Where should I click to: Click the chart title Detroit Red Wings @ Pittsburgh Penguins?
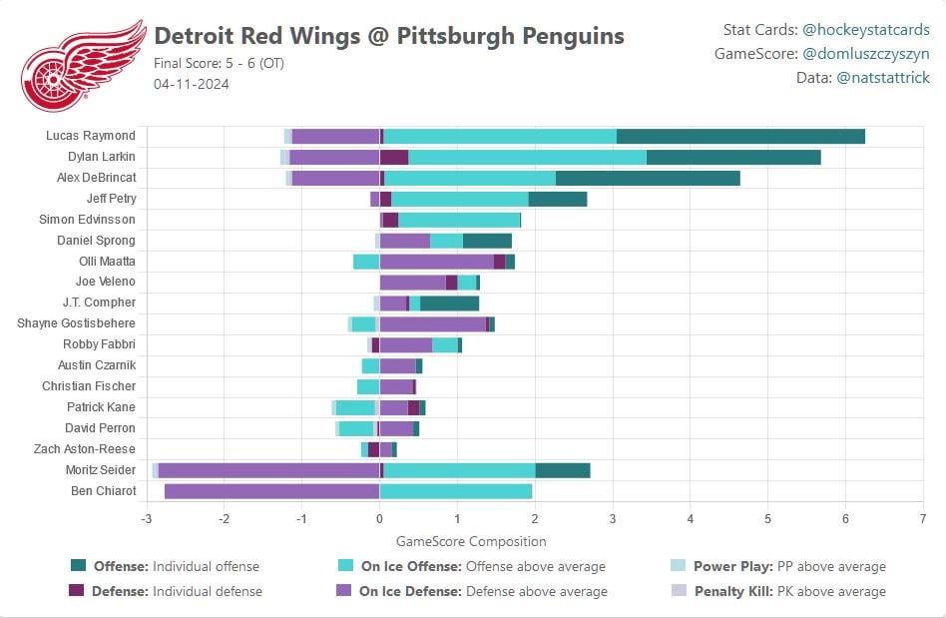(389, 37)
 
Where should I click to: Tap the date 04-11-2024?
(192, 84)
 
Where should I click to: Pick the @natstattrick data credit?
(881, 77)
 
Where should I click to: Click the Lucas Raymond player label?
(91, 136)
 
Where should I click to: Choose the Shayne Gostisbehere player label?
(76, 323)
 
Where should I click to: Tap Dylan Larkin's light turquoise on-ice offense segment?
(527, 157)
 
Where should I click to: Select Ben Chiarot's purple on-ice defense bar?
(271, 491)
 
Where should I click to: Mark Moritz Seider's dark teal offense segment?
(562, 470)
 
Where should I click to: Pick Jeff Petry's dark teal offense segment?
(557, 199)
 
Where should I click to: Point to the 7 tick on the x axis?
(923, 519)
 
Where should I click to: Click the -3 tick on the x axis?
(146, 519)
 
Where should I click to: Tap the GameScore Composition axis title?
(471, 541)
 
